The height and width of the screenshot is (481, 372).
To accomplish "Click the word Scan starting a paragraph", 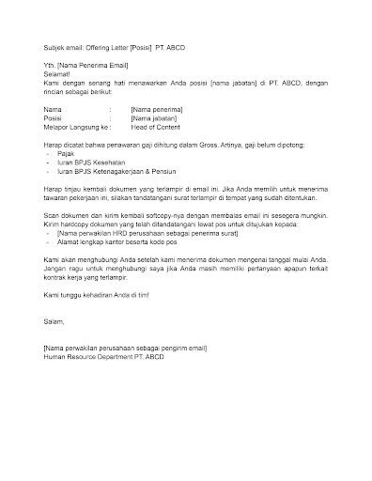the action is point(53,214).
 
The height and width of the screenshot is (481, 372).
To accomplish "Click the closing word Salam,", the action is point(56,320).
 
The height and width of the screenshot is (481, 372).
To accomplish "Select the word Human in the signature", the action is point(55,356).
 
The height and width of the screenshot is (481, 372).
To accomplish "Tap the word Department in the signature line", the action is point(120,356).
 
